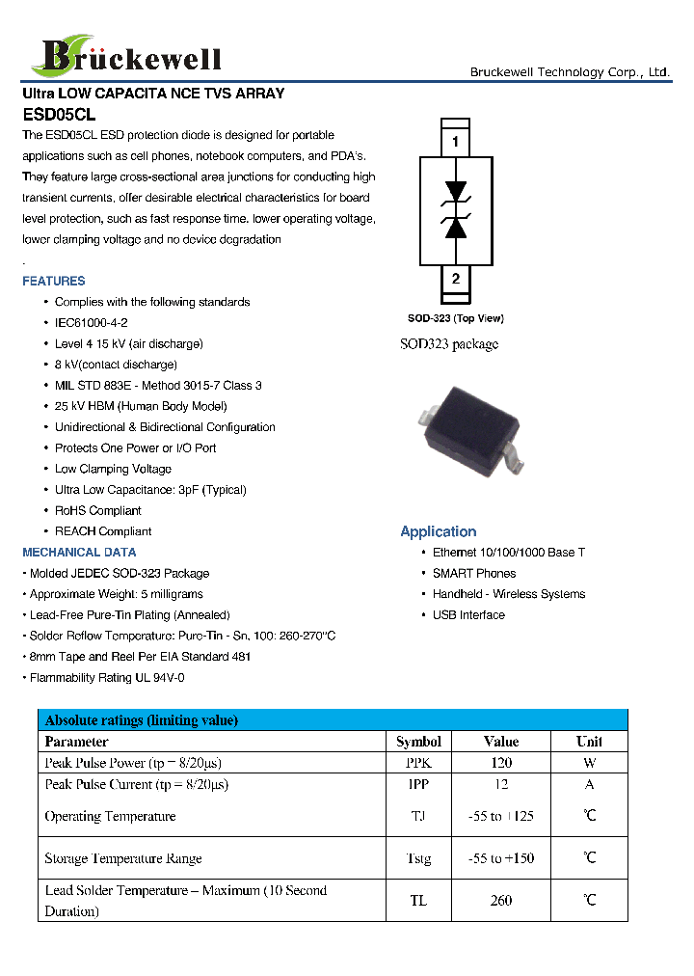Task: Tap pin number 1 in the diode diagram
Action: click(x=455, y=143)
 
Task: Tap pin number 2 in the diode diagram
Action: click(x=455, y=280)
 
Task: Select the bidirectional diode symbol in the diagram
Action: click(x=456, y=209)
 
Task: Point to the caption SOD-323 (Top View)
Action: click(x=455, y=318)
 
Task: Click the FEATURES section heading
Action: click(x=54, y=282)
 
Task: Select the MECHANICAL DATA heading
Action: click(x=79, y=553)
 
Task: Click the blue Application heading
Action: click(x=438, y=531)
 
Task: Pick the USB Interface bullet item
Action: click(x=468, y=615)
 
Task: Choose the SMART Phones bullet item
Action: click(x=474, y=574)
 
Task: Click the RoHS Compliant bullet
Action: click(x=97, y=511)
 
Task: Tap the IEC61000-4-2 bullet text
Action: click(x=92, y=323)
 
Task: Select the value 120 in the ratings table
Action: click(x=501, y=763)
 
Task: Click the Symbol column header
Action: click(x=418, y=742)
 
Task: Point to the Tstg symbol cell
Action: click(x=418, y=858)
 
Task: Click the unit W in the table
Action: click(x=589, y=763)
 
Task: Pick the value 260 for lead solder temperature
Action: click(x=501, y=901)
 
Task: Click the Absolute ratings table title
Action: click(x=142, y=720)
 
